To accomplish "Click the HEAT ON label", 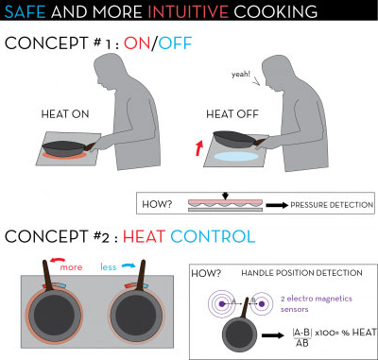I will [64, 114].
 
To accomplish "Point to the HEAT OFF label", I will [230, 114].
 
